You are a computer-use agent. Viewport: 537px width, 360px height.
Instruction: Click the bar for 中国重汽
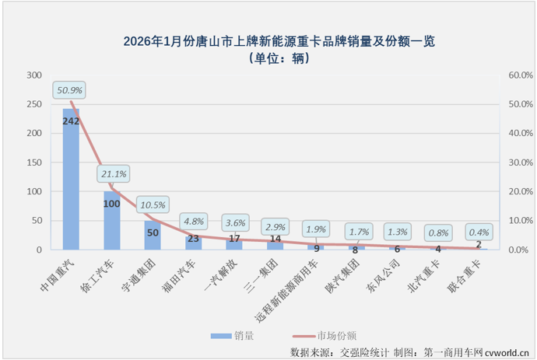click(x=71, y=179)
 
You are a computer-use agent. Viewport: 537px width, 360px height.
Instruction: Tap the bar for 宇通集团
click(x=153, y=235)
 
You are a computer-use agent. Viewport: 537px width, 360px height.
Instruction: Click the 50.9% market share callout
click(x=68, y=91)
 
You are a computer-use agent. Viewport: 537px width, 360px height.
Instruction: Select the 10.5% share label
click(x=153, y=205)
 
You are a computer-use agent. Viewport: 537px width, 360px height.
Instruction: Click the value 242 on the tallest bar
click(x=71, y=121)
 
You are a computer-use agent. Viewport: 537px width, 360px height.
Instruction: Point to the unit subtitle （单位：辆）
click(x=268, y=58)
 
